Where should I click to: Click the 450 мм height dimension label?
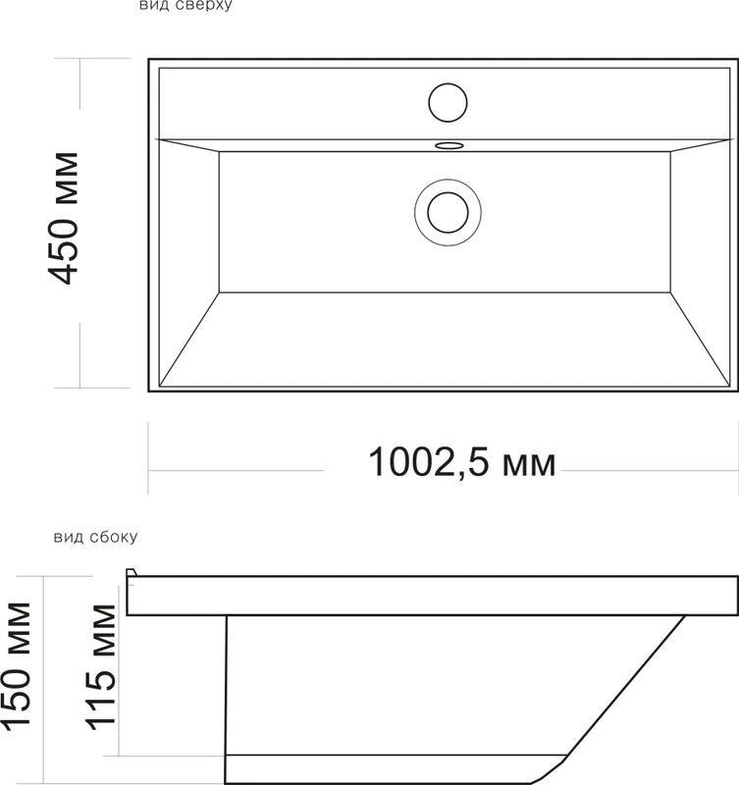pyautogui.click(x=63, y=218)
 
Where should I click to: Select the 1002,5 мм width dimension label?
pyautogui.click(x=462, y=462)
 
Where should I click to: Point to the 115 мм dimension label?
pyautogui.click(x=101, y=667)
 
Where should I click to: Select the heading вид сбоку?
pyautogui.click(x=95, y=537)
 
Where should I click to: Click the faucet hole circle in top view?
pyautogui.click(x=449, y=103)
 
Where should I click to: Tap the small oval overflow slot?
pyautogui.click(x=449, y=145)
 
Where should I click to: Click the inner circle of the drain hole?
pyautogui.click(x=449, y=213)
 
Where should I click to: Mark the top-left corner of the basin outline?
pyautogui.click(x=149, y=59)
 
